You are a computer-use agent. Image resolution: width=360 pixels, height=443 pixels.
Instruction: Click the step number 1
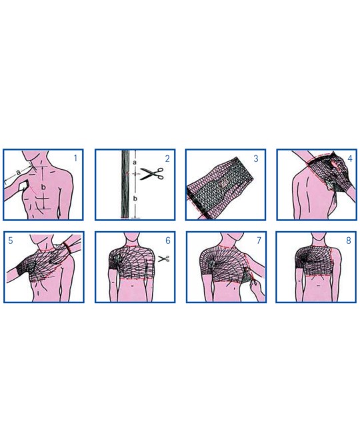pos(75,159)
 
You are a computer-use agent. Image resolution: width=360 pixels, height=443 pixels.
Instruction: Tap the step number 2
pos(167,159)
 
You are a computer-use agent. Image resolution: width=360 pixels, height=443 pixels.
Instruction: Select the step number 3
pos(256,159)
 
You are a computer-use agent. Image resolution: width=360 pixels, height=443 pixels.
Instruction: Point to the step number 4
pos(350,159)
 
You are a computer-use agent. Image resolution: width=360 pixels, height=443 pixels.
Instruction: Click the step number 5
pos(11,240)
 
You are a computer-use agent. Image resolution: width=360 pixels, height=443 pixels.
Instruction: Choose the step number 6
pos(168,240)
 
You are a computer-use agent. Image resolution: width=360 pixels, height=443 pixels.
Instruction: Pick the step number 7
pos(259,240)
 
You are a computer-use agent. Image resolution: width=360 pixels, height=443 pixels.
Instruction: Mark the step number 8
pos(349,240)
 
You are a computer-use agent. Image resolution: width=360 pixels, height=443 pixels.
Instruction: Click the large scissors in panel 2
pos(152,174)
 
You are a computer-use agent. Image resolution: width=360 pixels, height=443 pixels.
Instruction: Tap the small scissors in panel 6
pos(164,258)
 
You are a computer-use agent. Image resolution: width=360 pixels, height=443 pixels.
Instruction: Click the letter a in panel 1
pos(19,171)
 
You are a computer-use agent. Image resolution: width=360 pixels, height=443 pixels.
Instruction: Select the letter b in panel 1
pos(43,187)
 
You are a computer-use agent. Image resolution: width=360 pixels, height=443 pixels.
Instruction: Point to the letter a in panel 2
pos(135,163)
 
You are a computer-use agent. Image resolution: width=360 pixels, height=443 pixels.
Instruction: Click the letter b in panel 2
pos(135,199)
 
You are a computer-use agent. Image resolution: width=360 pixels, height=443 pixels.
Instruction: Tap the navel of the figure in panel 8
pos(319,286)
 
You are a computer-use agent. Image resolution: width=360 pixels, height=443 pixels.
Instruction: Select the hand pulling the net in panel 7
pos(257,289)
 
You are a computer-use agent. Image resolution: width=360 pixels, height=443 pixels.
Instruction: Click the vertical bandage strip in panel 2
pos(125,185)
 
